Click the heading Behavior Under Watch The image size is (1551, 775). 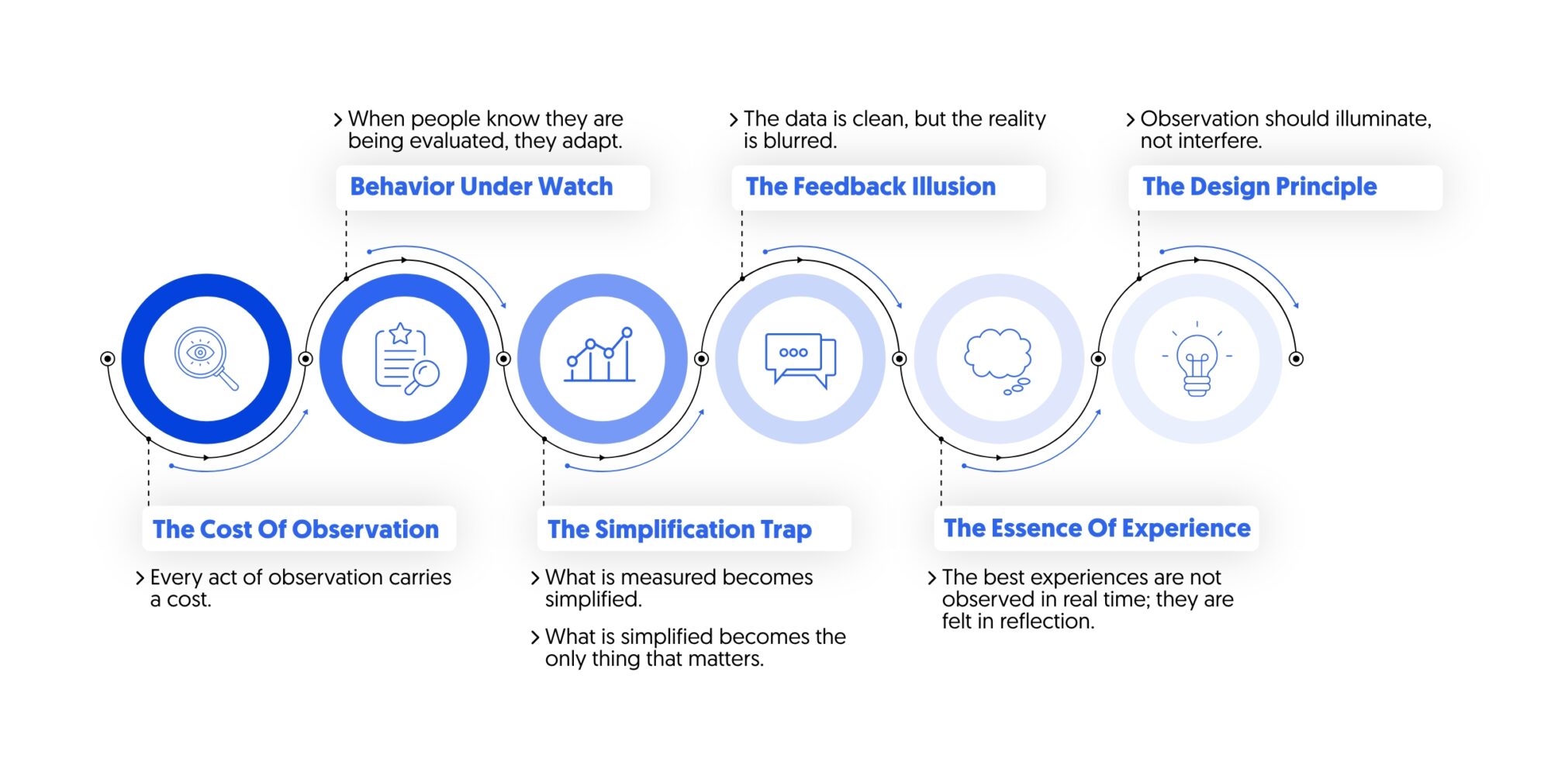(x=481, y=187)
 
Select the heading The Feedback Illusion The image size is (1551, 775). (x=870, y=187)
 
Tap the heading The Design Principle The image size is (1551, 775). (x=1259, y=187)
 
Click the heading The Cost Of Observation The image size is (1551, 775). (x=295, y=529)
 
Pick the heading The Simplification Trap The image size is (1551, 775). (x=679, y=529)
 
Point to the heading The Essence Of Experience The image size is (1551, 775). (x=1097, y=529)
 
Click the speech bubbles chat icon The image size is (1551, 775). (x=800, y=359)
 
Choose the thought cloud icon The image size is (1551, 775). (x=998, y=359)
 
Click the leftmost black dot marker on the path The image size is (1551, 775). (x=108, y=359)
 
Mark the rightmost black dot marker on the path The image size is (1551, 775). (x=1296, y=359)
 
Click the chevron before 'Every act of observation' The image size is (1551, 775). (x=140, y=578)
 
